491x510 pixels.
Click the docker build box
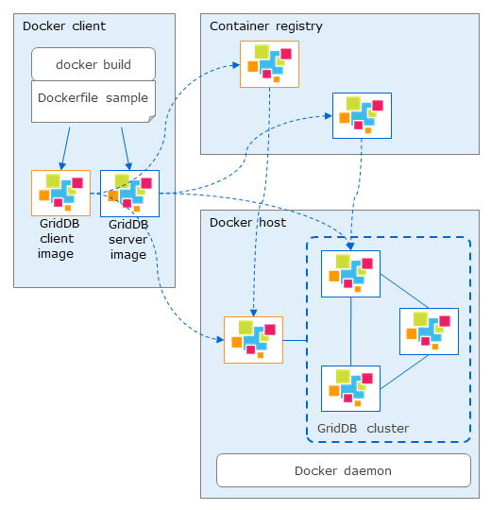tap(93, 64)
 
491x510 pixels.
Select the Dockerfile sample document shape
tap(93, 101)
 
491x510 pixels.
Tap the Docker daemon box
tap(344, 470)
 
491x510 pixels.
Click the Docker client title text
tap(64, 26)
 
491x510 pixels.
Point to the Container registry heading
tap(266, 26)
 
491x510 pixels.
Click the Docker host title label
tap(247, 223)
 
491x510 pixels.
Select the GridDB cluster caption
tap(363, 429)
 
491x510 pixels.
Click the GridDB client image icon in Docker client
tap(60, 193)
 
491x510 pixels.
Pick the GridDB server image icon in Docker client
tap(129, 194)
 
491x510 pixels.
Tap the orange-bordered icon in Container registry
tap(269, 64)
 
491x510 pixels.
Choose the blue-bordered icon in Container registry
tap(362, 115)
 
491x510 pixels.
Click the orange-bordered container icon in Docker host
tap(253, 340)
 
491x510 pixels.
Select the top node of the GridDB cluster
tap(350, 274)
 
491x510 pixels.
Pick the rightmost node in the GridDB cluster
tap(429, 331)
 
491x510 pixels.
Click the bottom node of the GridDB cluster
tap(350, 388)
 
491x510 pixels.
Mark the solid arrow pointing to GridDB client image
tap(66, 148)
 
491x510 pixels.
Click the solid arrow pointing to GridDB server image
tap(127, 148)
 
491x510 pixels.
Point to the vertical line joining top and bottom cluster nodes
tap(350, 331)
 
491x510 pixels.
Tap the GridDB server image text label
tap(128, 239)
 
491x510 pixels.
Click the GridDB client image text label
tap(59, 238)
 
